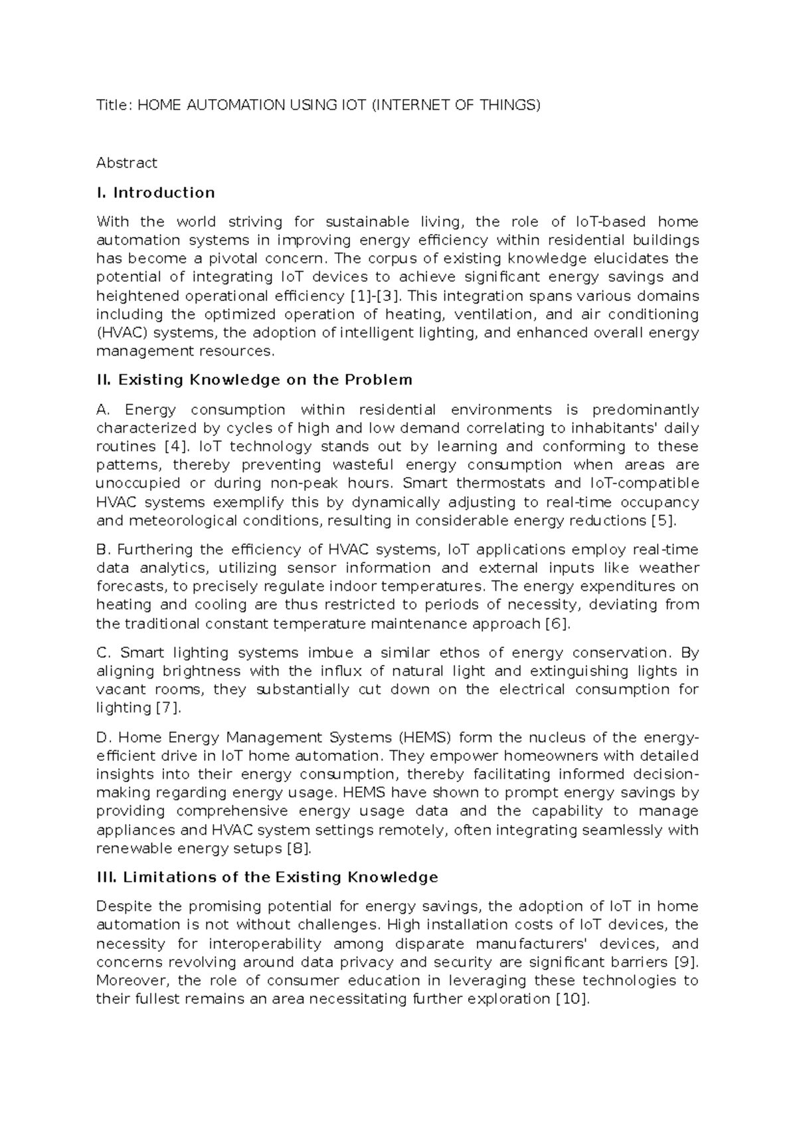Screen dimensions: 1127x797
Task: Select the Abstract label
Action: [x=126, y=163]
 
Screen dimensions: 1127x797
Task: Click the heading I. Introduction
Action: [x=155, y=193]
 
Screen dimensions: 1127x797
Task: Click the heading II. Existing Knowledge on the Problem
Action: [x=254, y=380]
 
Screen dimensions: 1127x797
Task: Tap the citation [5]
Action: [x=664, y=520]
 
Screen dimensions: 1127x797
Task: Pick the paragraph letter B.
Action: [x=102, y=550]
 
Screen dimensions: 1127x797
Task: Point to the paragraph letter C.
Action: [x=102, y=653]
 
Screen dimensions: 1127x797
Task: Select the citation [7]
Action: [x=167, y=708]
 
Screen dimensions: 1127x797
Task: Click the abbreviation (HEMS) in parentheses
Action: [x=425, y=738]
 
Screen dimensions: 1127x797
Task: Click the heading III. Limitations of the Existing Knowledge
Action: [x=267, y=877]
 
